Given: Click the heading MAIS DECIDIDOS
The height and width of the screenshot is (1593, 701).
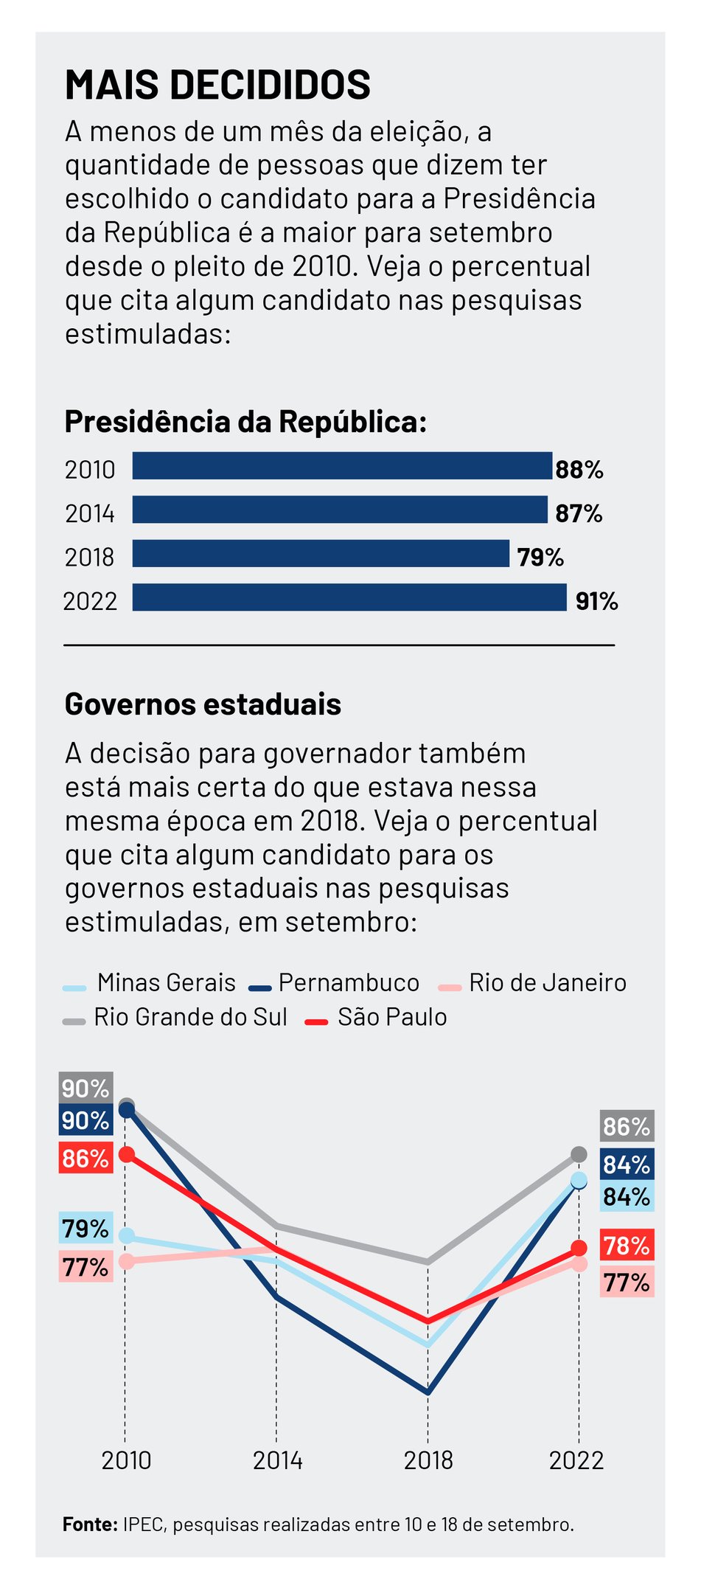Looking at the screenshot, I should click(217, 85).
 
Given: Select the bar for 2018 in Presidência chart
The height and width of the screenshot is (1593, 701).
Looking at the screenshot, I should click(321, 553).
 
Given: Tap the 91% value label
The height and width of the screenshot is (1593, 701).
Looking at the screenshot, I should click(596, 601).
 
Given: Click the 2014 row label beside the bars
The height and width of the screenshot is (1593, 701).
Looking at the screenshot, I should click(90, 513).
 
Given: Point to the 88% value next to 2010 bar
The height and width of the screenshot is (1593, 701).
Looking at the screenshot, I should click(579, 470).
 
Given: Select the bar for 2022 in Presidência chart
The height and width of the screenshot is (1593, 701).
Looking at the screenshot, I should click(349, 597).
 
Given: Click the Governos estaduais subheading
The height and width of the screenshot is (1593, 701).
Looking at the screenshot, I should click(203, 704).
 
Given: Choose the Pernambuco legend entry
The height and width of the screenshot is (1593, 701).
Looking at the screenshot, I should click(335, 983).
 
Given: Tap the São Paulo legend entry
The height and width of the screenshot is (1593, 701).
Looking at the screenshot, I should click(377, 1017).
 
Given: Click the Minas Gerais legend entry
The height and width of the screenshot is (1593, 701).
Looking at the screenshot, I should click(151, 983).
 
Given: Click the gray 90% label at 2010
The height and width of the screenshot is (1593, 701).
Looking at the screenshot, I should click(86, 1088).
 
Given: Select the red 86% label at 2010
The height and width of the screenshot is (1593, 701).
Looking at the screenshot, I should click(86, 1158).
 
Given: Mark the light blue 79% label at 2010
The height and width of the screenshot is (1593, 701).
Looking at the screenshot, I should click(86, 1229).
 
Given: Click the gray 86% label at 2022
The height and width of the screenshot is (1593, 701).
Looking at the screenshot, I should click(627, 1126).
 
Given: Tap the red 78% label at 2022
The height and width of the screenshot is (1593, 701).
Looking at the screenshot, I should click(627, 1246).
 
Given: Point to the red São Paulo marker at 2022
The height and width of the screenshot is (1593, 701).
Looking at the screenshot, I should click(579, 1248).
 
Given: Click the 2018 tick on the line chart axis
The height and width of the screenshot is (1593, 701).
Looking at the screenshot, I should click(428, 1460).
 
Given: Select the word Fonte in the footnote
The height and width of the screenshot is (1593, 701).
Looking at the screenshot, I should click(90, 1524).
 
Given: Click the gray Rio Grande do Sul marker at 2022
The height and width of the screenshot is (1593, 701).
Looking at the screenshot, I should click(579, 1154).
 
